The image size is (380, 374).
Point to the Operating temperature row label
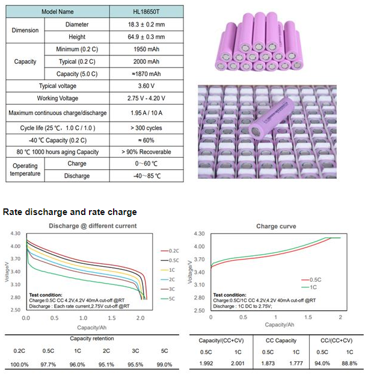tap(24, 169)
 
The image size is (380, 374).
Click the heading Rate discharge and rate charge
tap(70, 212)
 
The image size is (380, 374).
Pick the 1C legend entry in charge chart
tap(310, 289)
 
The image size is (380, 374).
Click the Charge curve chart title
tap(275, 226)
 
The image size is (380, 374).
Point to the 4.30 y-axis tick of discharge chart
tap(15, 233)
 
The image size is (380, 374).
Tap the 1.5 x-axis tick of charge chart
tap(308, 317)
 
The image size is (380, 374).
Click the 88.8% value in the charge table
tap(349, 363)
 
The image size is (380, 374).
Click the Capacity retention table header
tap(92, 338)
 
